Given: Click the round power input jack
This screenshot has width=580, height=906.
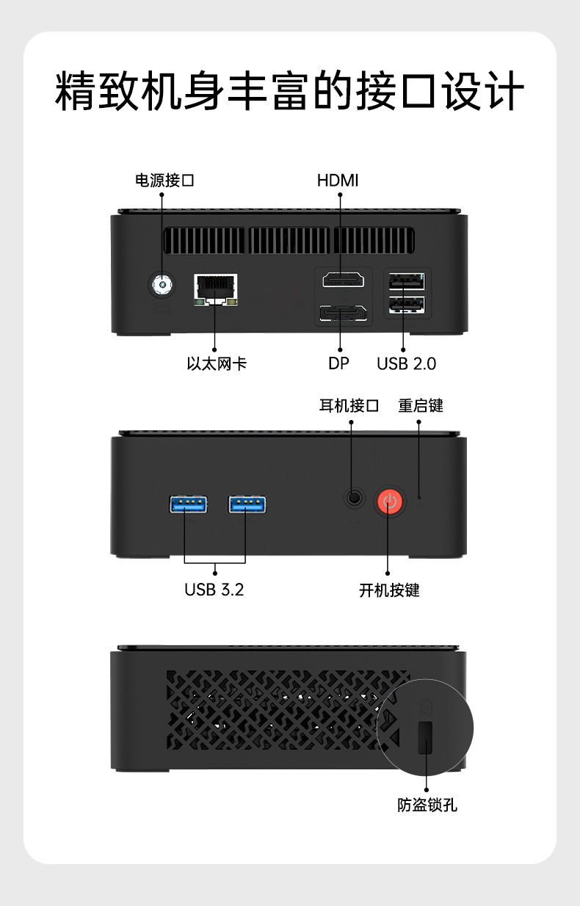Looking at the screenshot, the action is click(162, 285).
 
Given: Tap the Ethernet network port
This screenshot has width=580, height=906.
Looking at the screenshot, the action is click(216, 289).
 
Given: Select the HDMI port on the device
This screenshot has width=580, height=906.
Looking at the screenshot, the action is click(344, 280).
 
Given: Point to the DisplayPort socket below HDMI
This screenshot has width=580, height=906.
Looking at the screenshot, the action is click(344, 314).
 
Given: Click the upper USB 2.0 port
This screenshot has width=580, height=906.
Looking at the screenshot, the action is click(407, 281).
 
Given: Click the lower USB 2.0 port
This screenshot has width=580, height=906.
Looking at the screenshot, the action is click(407, 305).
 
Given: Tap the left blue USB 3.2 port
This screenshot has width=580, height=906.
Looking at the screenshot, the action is click(188, 504).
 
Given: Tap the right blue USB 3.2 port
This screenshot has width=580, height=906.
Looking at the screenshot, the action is click(247, 504).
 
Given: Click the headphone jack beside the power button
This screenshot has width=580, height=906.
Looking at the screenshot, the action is click(355, 498).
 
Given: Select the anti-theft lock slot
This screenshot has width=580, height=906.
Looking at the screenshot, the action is click(425, 737).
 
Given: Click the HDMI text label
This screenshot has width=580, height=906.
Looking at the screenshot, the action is click(338, 181).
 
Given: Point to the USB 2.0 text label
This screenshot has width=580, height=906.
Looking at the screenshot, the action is click(407, 363).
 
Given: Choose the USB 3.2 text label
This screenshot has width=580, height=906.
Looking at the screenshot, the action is click(214, 590).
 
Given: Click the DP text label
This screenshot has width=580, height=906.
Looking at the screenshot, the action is click(338, 363).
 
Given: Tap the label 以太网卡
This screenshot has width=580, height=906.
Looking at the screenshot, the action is click(217, 363).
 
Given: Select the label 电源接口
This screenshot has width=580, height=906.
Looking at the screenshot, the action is click(165, 181).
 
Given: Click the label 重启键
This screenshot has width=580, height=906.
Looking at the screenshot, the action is click(421, 406).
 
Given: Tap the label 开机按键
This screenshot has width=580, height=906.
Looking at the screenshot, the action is click(389, 590).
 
